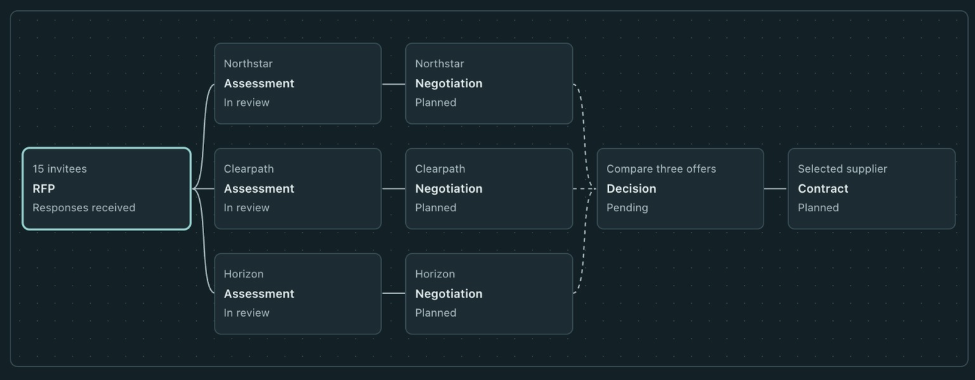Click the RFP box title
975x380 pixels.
(43, 188)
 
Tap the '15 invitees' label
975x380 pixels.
(60, 169)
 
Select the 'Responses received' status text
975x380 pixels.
(84, 208)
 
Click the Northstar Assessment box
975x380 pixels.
(298, 84)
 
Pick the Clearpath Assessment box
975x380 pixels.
(298, 188)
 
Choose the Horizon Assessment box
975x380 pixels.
(298, 294)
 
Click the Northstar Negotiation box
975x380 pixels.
(489, 84)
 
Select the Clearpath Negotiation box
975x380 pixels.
(489, 188)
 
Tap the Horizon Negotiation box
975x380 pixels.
(489, 294)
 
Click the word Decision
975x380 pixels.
(631, 188)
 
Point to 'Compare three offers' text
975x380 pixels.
(661, 169)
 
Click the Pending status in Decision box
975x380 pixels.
(627, 208)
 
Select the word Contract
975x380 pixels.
(823, 188)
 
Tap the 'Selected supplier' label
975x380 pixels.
(842, 169)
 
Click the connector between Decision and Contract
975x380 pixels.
(776, 188)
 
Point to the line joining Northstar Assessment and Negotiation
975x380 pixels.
(394, 84)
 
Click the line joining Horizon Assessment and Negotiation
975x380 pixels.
(394, 293)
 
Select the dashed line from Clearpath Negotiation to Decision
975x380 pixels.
(584, 188)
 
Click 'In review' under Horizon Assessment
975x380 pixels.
(246, 313)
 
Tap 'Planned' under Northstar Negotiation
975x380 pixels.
(436, 103)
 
